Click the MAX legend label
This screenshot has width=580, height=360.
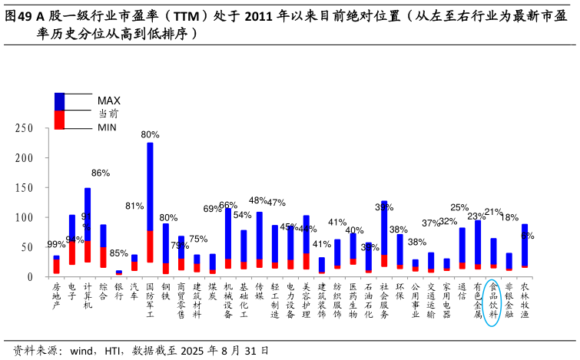click(x=108, y=101)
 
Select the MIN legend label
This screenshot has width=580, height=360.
click(x=107, y=127)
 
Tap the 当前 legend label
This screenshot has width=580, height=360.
click(x=108, y=114)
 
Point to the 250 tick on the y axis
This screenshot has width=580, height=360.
click(x=25, y=129)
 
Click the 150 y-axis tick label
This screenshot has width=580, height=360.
click(x=25, y=188)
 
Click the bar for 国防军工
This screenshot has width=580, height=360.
click(x=150, y=203)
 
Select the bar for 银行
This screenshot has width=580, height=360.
click(x=118, y=272)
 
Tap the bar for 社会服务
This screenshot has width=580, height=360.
click(x=384, y=234)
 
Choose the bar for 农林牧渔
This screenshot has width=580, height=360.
click(x=525, y=246)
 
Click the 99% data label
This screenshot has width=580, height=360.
click(x=56, y=245)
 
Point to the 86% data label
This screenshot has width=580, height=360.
click(x=101, y=173)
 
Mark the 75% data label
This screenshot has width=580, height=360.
click(x=198, y=239)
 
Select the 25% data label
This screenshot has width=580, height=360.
click(x=459, y=207)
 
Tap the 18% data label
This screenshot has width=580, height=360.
click(x=509, y=217)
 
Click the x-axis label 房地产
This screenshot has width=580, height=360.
click(x=56, y=296)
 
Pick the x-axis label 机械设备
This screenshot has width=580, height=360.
click(x=228, y=299)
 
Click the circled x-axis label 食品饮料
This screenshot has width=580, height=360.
click(x=493, y=299)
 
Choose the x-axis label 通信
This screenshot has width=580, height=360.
click(x=462, y=291)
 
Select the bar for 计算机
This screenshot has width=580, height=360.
click(x=88, y=225)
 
